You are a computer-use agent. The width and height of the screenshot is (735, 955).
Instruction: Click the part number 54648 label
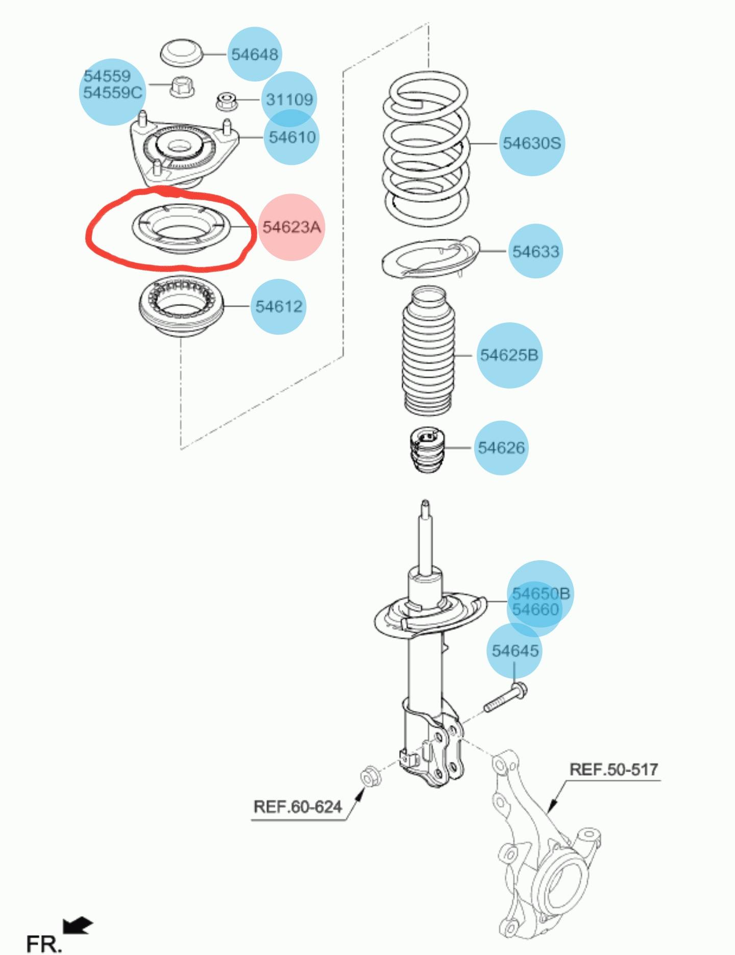(x=255, y=54)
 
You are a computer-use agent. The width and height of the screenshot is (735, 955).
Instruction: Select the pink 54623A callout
(x=291, y=227)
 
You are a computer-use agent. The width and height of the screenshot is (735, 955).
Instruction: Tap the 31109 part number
(x=289, y=99)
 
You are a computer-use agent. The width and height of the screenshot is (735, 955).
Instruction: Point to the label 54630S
(x=532, y=143)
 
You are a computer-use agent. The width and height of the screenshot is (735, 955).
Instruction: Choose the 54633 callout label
(x=536, y=251)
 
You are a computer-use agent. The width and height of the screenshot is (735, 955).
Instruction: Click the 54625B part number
(x=509, y=355)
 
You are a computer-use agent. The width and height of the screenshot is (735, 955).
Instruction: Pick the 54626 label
(x=501, y=448)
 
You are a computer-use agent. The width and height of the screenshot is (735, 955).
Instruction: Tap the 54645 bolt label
(x=515, y=651)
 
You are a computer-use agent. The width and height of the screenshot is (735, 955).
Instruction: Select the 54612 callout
(x=279, y=306)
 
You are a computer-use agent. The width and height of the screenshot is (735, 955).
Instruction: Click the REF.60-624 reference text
(x=298, y=807)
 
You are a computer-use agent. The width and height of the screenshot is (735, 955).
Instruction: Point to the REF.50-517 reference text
(x=614, y=769)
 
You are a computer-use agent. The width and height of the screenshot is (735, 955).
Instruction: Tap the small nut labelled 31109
(x=226, y=101)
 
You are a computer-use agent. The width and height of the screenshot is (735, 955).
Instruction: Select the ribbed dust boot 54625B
(x=428, y=352)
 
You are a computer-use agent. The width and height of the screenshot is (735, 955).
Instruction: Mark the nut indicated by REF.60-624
(x=367, y=777)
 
